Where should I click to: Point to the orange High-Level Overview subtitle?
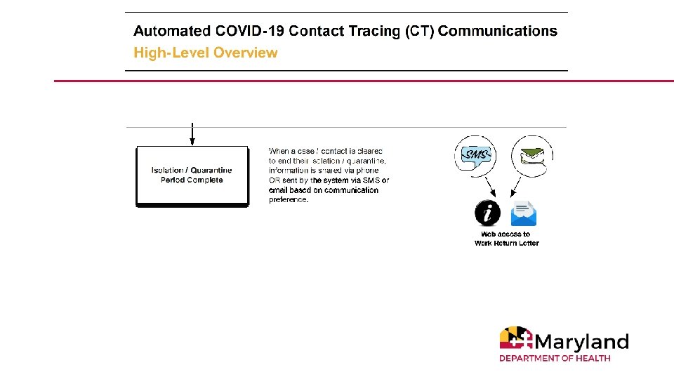pos(206,53)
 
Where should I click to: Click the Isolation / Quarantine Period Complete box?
pos(192,175)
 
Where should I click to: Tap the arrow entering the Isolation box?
pos(192,135)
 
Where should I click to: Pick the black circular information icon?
pos(488,213)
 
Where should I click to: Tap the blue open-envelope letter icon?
pos(524,213)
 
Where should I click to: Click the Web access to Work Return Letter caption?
pos(506,239)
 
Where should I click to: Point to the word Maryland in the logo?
pos(581,342)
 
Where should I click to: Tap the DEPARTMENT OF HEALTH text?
pos(555,358)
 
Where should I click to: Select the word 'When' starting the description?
pos(279,151)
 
